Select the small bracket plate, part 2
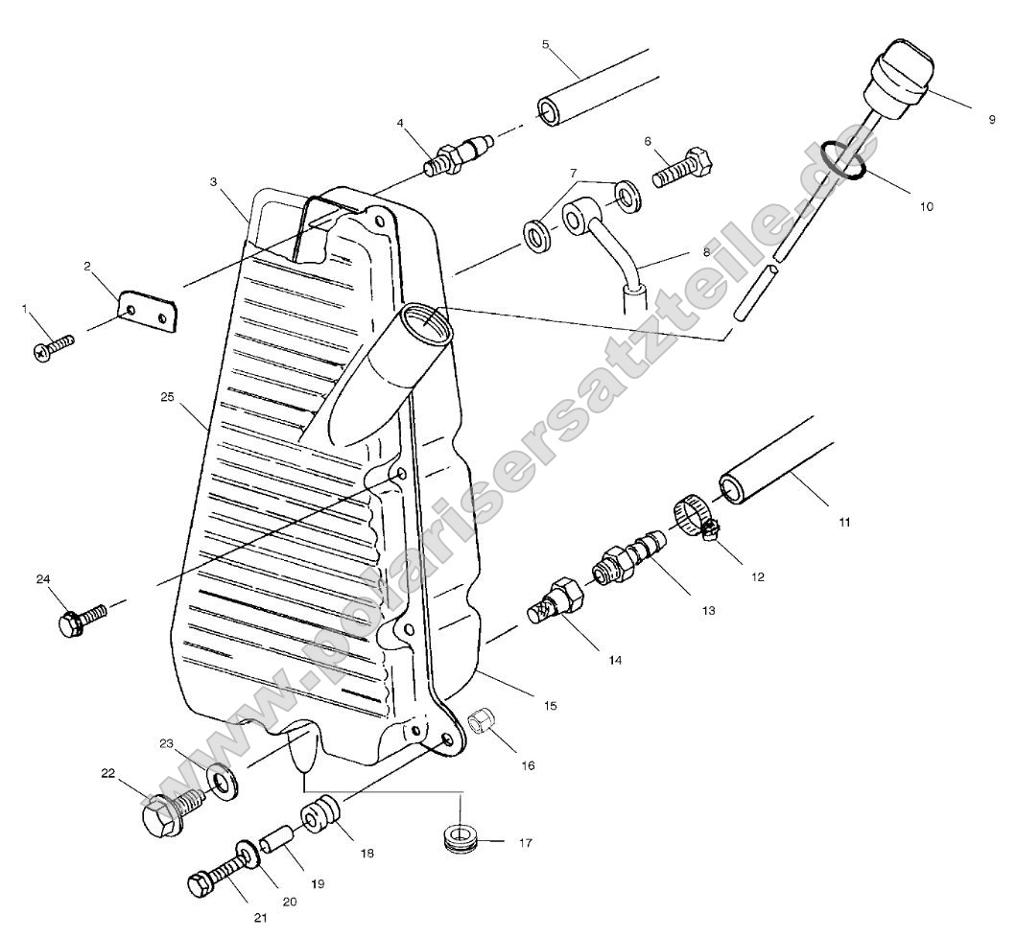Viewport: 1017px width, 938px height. [x=149, y=313]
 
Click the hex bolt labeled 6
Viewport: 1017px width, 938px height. [x=681, y=170]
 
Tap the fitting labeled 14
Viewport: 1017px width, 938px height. [x=556, y=601]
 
